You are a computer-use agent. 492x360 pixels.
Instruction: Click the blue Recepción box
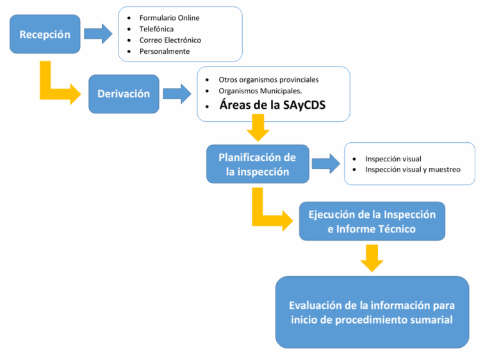point(45,35)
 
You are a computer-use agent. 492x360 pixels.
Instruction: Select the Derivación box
point(124,94)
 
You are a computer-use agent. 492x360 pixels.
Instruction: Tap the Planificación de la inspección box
point(257,164)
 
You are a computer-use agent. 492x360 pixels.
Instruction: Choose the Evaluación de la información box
point(372,312)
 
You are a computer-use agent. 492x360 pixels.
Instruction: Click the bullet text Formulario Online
point(169,17)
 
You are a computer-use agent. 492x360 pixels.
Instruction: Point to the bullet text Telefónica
point(156,29)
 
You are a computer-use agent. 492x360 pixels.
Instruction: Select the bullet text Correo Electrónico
point(170,40)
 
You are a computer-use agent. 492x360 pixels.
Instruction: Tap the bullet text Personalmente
point(165,51)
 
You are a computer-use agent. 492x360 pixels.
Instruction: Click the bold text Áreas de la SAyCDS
point(272,106)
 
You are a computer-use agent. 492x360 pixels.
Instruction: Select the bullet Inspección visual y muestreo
point(413,170)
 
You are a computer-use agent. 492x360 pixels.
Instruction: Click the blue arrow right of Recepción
point(98,33)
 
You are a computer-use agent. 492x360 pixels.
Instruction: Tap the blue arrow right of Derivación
point(177,94)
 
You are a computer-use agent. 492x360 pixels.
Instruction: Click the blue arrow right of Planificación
point(325,163)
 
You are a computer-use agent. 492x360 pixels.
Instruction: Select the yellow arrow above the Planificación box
point(258,127)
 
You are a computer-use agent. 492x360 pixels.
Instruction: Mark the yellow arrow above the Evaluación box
point(372,258)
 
